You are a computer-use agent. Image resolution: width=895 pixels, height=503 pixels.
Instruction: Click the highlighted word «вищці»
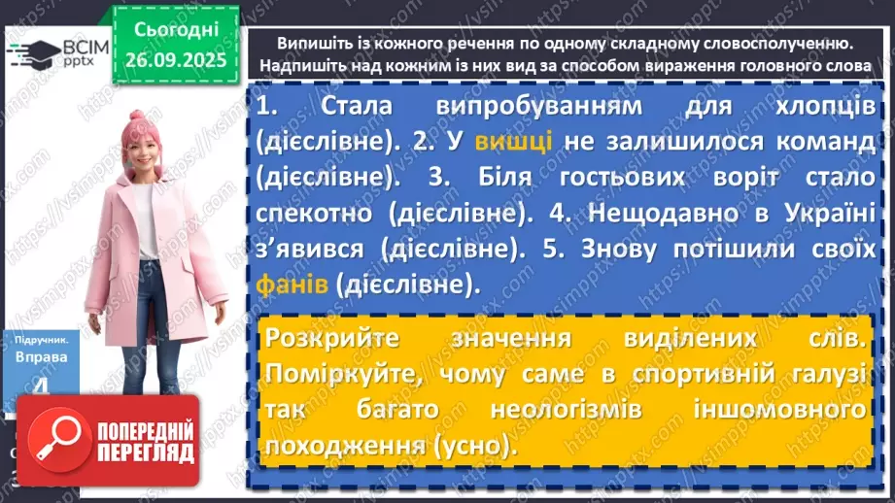pyautogui.click(x=514, y=143)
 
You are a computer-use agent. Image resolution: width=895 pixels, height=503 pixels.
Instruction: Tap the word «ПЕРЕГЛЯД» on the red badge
pyautogui.click(x=142, y=453)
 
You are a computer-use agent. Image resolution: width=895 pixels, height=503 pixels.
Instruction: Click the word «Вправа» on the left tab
pyautogui.click(x=40, y=356)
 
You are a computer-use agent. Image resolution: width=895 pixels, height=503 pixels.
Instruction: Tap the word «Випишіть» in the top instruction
pyautogui.click(x=312, y=45)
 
